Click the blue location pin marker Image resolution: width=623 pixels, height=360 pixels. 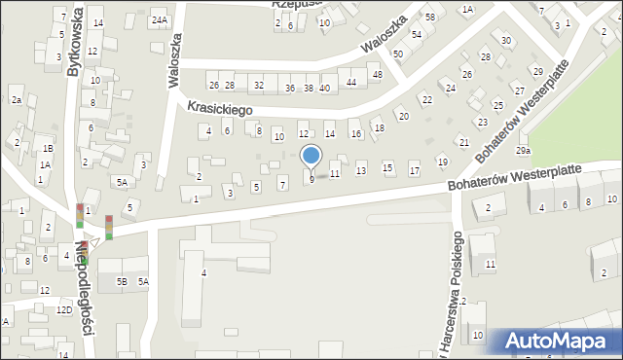(311, 156)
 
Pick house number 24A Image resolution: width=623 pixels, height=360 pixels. (159, 20)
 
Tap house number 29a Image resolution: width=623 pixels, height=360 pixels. (524, 151)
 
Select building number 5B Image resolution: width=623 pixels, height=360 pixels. (123, 282)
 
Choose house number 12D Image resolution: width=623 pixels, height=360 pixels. (63, 309)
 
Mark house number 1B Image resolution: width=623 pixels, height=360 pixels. (47, 149)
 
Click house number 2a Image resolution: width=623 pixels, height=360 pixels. (16, 100)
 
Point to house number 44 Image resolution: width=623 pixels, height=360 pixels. (351, 83)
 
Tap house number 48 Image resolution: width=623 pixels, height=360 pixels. (377, 75)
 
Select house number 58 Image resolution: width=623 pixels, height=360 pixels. (428, 18)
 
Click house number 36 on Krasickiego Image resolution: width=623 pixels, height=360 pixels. (290, 88)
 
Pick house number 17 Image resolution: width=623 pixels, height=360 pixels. (414, 171)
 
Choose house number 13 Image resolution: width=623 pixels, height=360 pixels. (361, 171)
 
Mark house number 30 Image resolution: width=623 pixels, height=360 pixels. (505, 40)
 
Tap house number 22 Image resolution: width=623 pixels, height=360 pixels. (426, 99)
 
